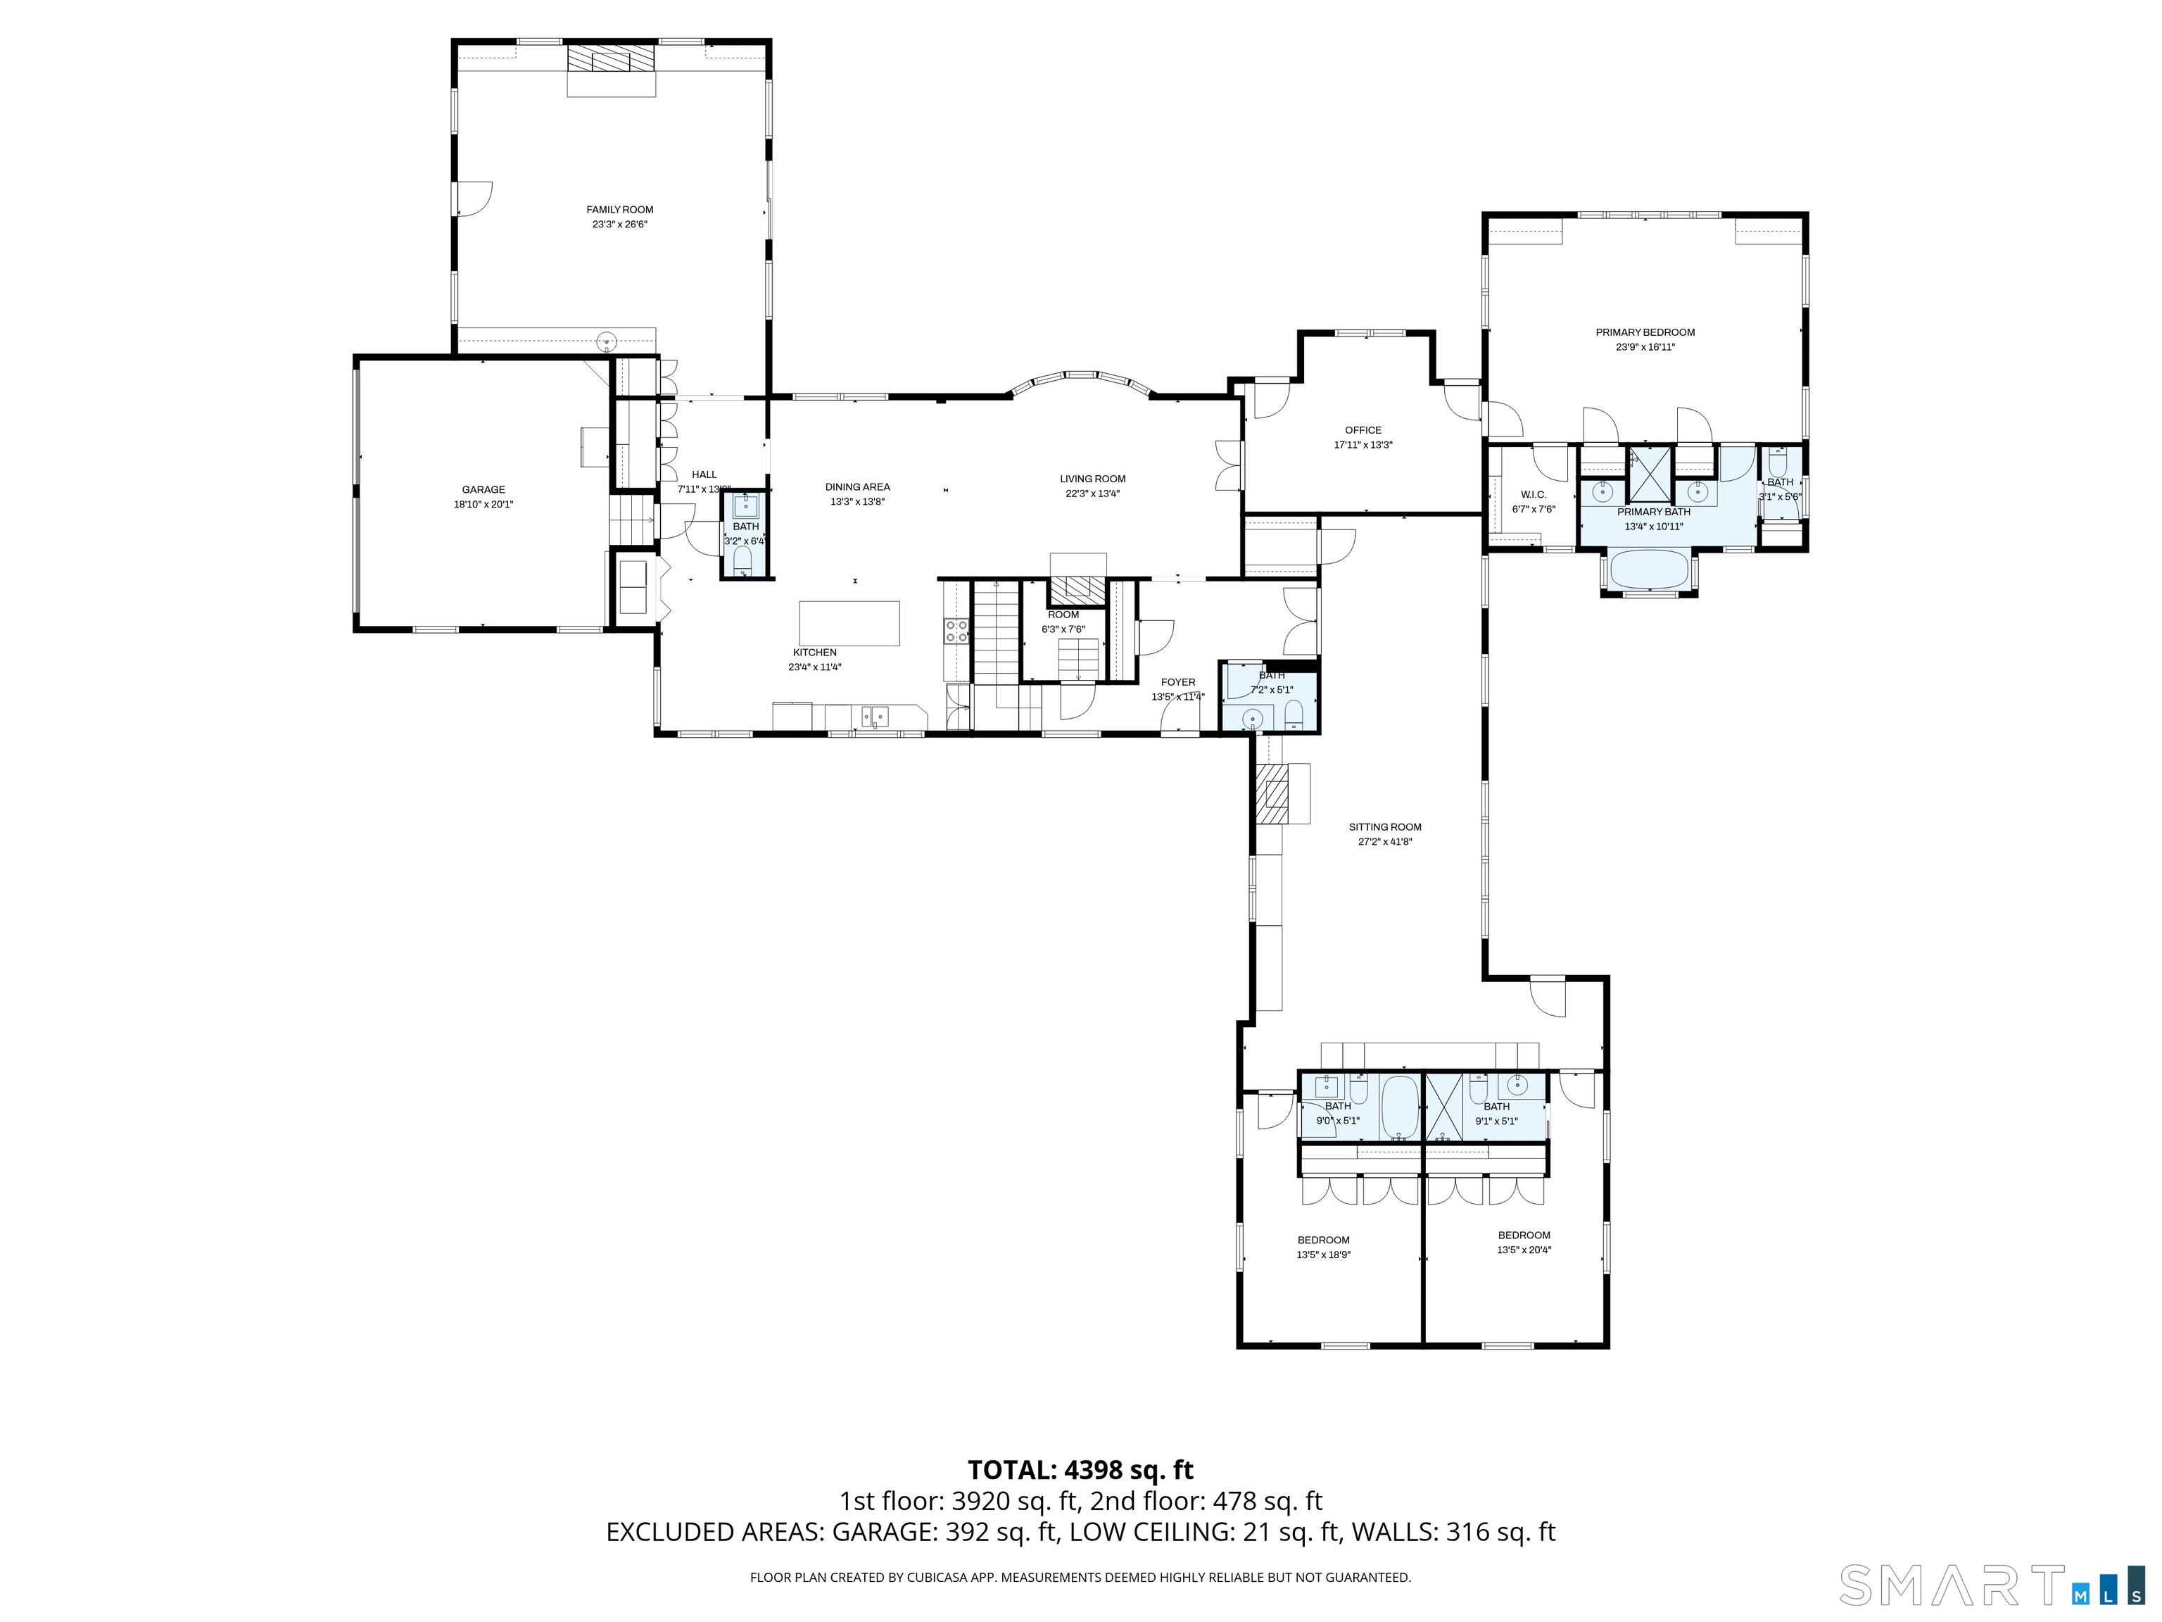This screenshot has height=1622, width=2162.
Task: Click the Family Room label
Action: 619,209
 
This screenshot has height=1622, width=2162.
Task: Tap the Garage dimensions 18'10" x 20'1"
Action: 483,505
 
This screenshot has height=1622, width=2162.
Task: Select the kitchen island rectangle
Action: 849,624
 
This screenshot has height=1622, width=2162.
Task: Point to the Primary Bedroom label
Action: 1645,332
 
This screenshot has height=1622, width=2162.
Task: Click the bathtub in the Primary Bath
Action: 1649,570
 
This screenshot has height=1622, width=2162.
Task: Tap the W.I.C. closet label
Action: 1534,495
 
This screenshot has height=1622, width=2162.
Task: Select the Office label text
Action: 1363,430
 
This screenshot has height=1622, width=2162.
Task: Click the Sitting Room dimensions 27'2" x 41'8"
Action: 1385,842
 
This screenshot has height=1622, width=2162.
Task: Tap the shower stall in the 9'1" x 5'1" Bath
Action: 1443,1107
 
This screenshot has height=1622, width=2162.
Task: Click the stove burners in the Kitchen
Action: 956,631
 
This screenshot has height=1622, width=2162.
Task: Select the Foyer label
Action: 1177,682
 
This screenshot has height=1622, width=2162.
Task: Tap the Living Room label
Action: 1093,479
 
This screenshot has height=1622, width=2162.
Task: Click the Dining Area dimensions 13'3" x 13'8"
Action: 856,501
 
